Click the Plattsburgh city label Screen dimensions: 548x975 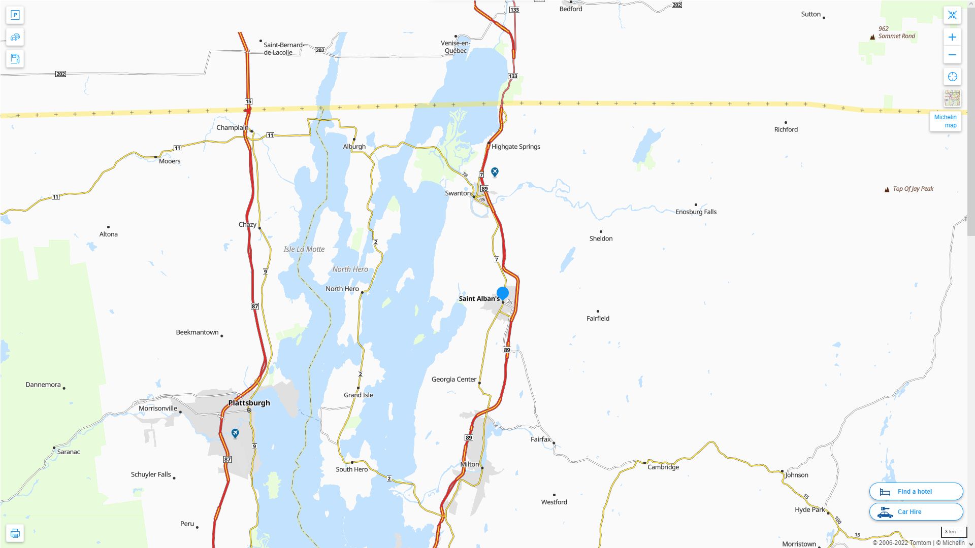[249, 403]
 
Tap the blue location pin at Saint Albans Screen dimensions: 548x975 [503, 293]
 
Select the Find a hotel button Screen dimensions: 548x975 [916, 491]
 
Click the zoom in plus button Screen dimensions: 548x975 [952, 37]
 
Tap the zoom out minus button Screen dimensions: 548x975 [952, 55]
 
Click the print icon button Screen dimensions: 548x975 [15, 533]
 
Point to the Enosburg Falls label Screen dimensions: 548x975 [696, 212]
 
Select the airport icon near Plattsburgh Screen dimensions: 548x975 [235, 433]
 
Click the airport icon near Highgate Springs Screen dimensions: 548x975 [495, 172]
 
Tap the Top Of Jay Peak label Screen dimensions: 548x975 [913, 189]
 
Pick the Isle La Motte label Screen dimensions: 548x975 [304, 249]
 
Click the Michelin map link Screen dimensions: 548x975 [945, 121]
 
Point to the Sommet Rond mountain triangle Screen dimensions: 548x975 [872, 37]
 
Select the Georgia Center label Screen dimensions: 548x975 [453, 379]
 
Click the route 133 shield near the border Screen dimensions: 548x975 [513, 76]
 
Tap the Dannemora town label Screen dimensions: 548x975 [43, 385]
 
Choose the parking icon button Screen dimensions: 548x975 [15, 15]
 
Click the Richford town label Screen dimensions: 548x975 [786, 129]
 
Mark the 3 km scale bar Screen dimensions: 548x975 [954, 532]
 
